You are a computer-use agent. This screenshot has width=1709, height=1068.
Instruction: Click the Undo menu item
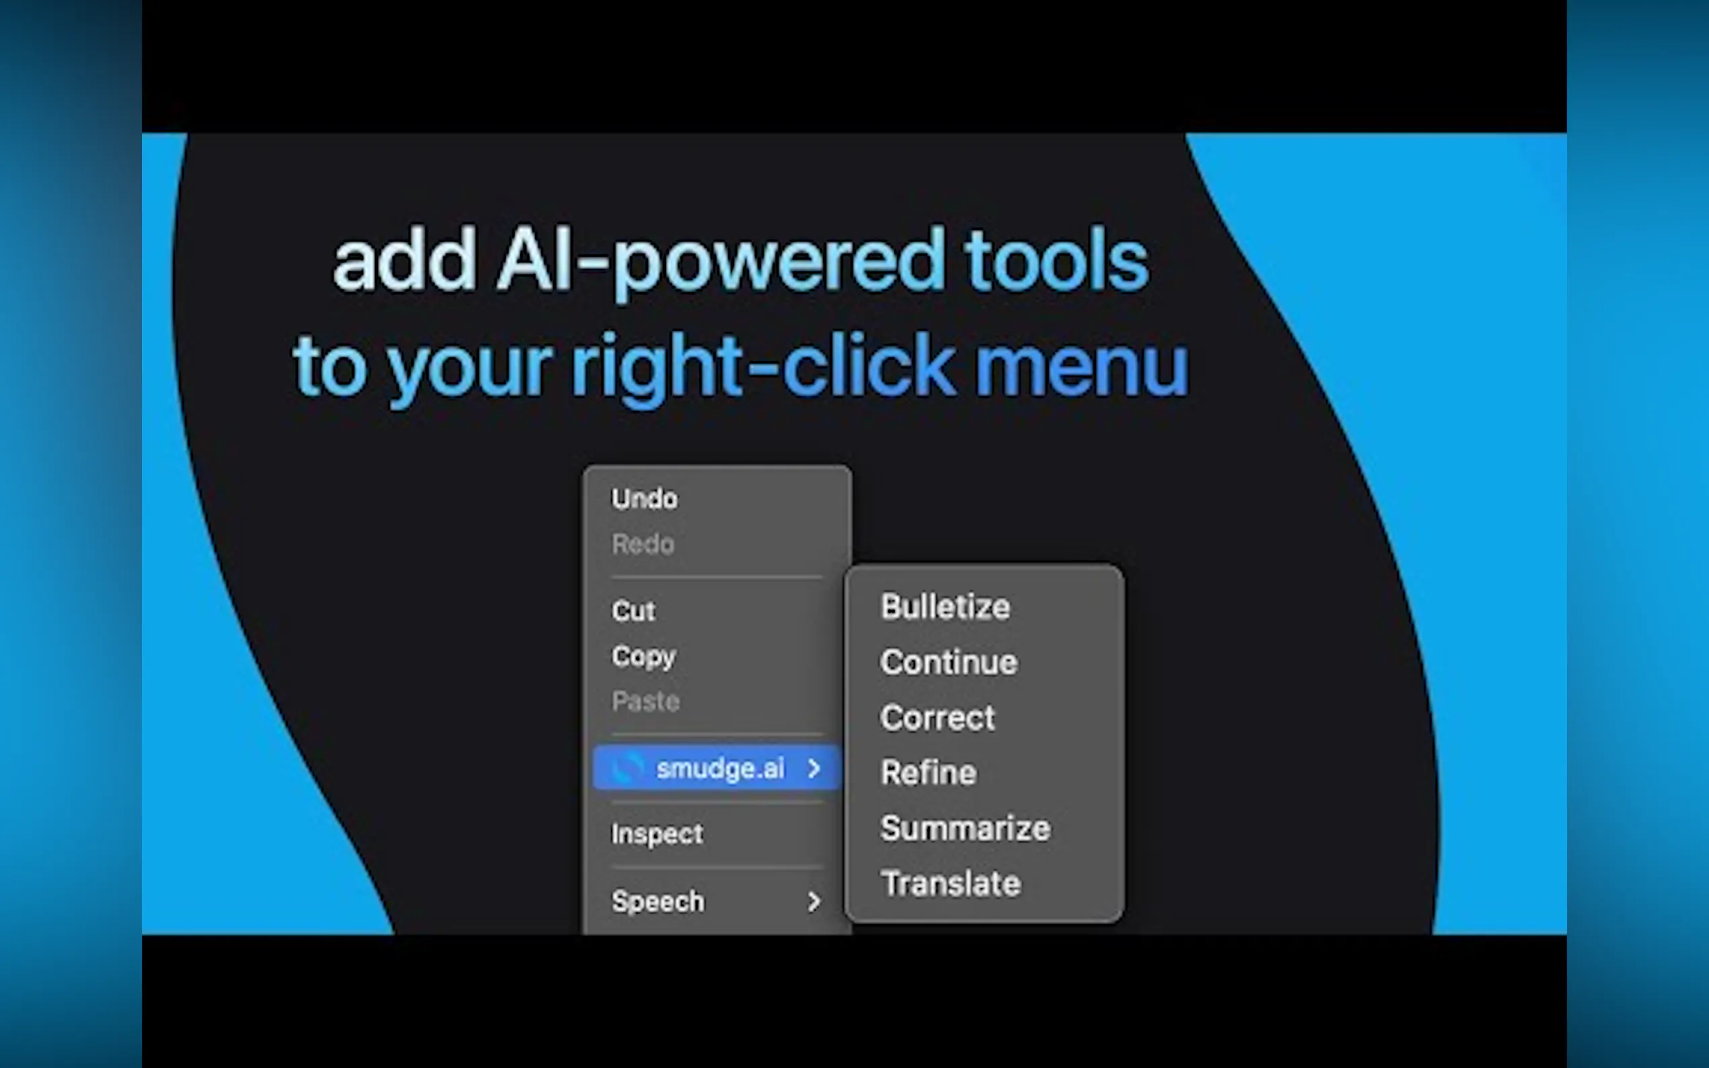click(x=645, y=498)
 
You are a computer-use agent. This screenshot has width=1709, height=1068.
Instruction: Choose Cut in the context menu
click(x=634, y=611)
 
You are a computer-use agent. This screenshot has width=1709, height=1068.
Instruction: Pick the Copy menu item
click(x=644, y=657)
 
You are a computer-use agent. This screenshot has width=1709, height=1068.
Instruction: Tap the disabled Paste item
click(x=646, y=701)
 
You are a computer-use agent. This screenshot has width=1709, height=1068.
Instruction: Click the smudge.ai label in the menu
click(x=720, y=769)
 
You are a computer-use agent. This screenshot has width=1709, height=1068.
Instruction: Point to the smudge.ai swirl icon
click(x=627, y=768)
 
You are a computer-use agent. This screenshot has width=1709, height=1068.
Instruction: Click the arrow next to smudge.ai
click(x=814, y=768)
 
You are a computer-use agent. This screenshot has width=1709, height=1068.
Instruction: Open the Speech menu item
click(x=658, y=901)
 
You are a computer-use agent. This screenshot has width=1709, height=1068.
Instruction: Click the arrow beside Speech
click(x=814, y=901)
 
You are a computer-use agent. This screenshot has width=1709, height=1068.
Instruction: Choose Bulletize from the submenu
click(x=945, y=607)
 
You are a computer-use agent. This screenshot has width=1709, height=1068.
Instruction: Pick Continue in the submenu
click(x=949, y=662)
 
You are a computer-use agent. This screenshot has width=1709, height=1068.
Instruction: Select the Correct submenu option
click(x=937, y=718)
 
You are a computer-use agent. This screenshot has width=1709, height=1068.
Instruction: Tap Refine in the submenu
click(x=929, y=773)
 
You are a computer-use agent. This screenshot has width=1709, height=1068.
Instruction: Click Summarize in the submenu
click(x=966, y=829)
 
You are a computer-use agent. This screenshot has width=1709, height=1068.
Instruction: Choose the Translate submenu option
click(x=951, y=884)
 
